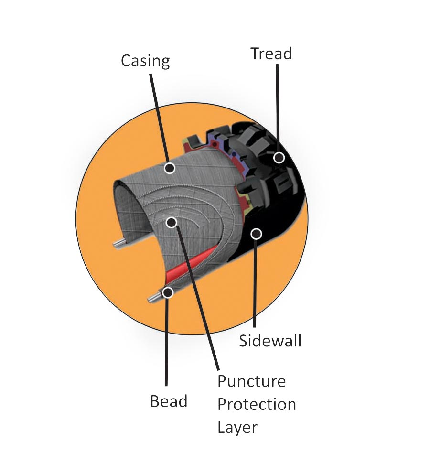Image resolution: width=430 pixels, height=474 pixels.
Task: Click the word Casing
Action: [x=145, y=61]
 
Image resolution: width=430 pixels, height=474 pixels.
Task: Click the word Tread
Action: [x=271, y=54]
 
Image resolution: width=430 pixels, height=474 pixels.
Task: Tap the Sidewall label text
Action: [x=270, y=341]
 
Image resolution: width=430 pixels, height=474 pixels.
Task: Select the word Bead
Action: [x=169, y=401]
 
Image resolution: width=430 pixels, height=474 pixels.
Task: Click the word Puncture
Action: [x=251, y=381]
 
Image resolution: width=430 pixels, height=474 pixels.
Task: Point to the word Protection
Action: [x=257, y=404]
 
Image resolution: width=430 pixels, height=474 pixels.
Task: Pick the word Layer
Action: [x=237, y=428]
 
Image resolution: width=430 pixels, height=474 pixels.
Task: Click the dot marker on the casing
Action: [x=170, y=167]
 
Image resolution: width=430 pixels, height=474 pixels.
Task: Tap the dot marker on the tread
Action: [x=279, y=158]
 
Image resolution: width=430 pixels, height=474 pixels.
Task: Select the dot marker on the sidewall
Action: [x=257, y=233]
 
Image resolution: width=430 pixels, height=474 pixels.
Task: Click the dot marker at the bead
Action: [x=168, y=292]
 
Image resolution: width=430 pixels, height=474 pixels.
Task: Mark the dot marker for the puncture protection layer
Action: [x=172, y=223]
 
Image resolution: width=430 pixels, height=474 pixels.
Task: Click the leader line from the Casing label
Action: [x=159, y=118]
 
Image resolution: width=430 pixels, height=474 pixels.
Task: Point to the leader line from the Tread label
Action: [x=278, y=108]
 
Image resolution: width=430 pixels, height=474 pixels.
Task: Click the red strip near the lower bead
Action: [x=190, y=261]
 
